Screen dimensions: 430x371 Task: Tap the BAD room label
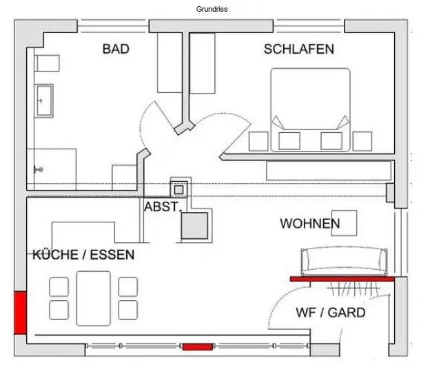pos(116,49)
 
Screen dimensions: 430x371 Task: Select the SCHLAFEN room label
pos(298,49)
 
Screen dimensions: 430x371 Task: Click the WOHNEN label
pos(309,224)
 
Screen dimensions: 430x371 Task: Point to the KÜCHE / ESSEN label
pos(83,255)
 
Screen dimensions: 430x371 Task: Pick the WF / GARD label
pos(330,312)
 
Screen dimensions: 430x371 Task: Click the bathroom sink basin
pos(45,102)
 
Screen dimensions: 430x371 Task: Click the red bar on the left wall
pos(20,312)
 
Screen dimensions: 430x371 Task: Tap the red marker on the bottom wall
pos(197,346)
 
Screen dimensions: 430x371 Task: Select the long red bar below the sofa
pos(341,279)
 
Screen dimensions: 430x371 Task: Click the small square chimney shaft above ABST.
pos(179,187)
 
